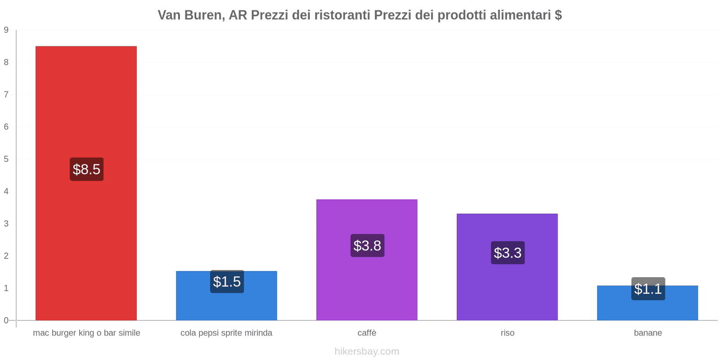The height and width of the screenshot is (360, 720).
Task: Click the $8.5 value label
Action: coord(86,169)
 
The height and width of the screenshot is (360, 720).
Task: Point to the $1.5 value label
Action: coord(227,282)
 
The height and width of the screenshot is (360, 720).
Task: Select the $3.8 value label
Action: coord(367,246)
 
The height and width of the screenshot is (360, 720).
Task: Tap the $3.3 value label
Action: coord(508,253)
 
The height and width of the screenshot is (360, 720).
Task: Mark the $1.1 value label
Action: coord(648,289)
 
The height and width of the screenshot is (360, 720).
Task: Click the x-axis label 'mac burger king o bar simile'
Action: coord(86,333)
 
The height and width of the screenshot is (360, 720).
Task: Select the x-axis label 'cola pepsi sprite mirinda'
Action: coord(226,333)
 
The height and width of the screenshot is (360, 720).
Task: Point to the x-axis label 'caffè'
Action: coord(367,333)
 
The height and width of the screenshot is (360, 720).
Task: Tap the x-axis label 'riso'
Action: coord(508,333)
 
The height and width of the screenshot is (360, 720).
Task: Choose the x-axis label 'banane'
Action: coord(648,333)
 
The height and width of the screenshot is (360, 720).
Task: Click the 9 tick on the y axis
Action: coord(6,30)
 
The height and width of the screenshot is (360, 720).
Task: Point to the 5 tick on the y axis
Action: coord(6,159)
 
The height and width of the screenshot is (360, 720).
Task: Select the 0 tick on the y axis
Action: coord(6,320)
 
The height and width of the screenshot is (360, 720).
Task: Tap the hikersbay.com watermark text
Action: coord(367,351)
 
